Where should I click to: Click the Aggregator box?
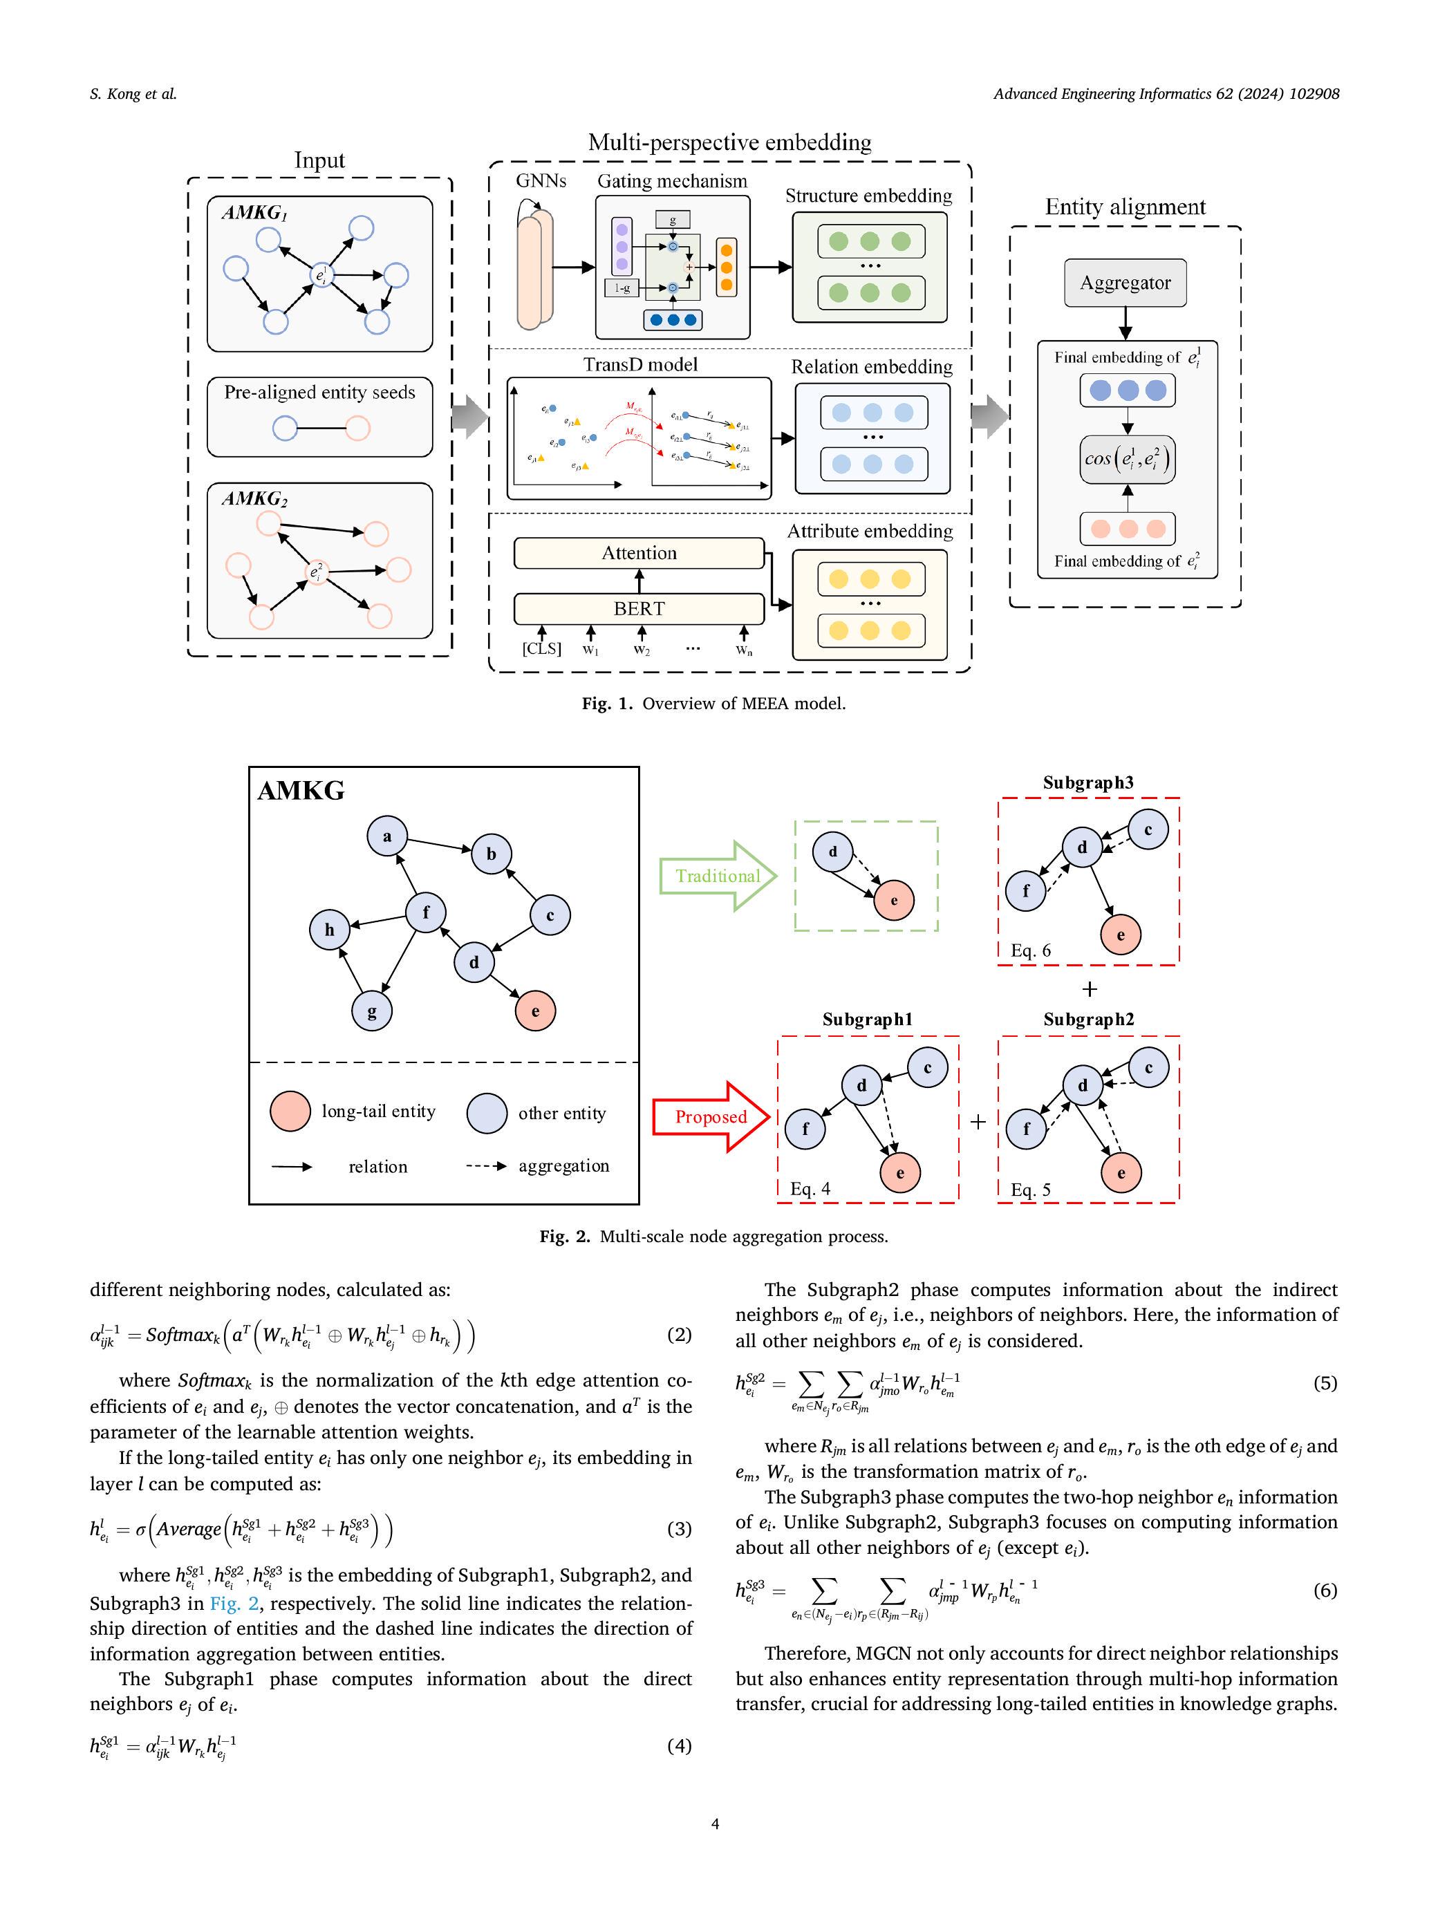pyautogui.click(x=1124, y=283)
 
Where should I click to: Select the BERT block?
pyautogui.click(x=638, y=608)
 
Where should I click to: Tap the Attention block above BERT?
pyautogui.click(x=638, y=553)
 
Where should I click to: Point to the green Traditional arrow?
pyautogui.click(x=718, y=876)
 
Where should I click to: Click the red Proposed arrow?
pyautogui.click(x=711, y=1117)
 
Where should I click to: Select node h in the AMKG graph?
pyautogui.click(x=329, y=929)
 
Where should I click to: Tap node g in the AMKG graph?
pyautogui.click(x=371, y=1011)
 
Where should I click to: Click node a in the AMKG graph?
pyautogui.click(x=386, y=836)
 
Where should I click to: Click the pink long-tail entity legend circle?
pyautogui.click(x=290, y=1111)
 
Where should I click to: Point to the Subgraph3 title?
pyautogui.click(x=1088, y=782)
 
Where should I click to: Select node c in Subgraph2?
pyautogui.click(x=1148, y=1068)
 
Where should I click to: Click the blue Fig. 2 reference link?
pyautogui.click(x=234, y=1603)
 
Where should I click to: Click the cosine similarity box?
pyautogui.click(x=1127, y=459)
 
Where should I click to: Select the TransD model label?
pyautogui.click(x=640, y=364)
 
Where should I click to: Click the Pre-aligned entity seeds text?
pyautogui.click(x=319, y=392)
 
